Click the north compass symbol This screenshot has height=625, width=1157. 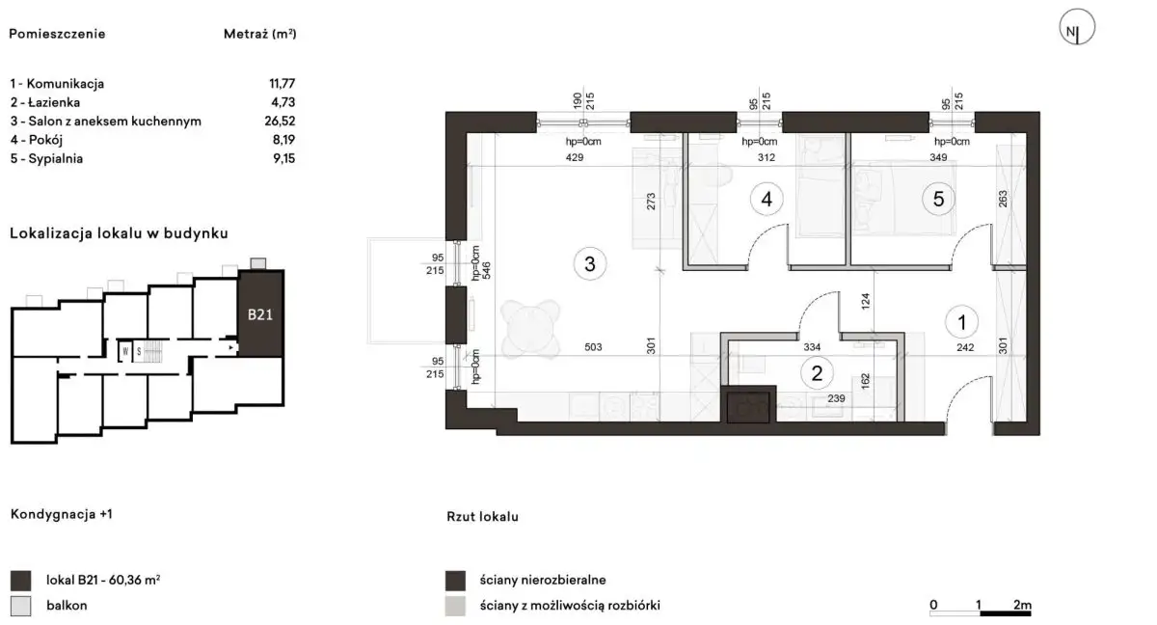coord(1077,27)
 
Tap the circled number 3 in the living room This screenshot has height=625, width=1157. coord(590,264)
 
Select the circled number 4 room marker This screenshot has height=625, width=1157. coord(767,199)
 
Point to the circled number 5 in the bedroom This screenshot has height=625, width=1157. coord(938,199)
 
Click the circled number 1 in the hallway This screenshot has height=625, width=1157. coord(962,322)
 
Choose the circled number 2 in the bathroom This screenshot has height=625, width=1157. coord(817,373)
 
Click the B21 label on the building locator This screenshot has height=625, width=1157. coord(259,314)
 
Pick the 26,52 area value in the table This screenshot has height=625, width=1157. coord(280,121)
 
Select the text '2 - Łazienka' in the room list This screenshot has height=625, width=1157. coord(45,102)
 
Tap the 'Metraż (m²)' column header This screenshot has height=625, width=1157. coord(259,34)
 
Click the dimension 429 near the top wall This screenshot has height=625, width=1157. coord(575,157)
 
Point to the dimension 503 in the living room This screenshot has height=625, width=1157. coord(593,347)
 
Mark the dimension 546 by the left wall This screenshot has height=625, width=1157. coord(486,271)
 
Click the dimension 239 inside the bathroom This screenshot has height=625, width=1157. coord(836,398)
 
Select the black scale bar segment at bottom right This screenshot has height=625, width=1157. coord(1005,613)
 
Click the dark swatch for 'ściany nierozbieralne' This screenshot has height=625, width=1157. coord(455,581)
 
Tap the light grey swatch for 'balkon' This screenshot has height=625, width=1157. coord(20,606)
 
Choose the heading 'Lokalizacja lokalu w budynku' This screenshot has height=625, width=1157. coord(119,233)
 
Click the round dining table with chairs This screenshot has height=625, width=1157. coord(530,329)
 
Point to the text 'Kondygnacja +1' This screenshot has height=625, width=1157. coord(61,514)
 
